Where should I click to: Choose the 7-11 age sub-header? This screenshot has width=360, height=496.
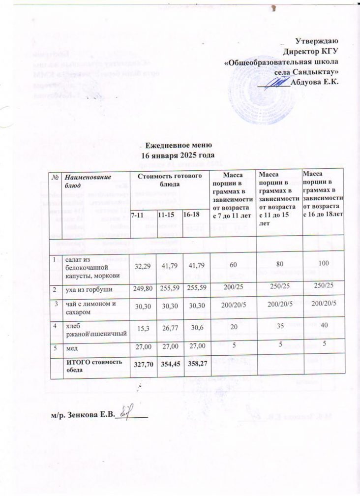pyautogui.click(x=138, y=215)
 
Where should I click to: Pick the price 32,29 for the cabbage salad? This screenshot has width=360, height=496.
pyautogui.click(x=138, y=266)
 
